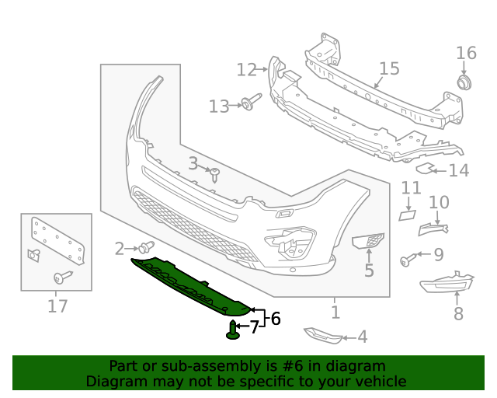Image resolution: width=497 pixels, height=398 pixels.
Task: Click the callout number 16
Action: tap(466, 53)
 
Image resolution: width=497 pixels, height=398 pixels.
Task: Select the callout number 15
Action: tap(389, 68)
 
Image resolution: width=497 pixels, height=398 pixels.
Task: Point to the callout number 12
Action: tap(246, 70)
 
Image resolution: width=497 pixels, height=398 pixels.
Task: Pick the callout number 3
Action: tap(193, 163)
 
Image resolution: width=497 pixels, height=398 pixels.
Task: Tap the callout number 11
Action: tap(411, 188)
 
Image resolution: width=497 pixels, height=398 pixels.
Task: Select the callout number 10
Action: tap(439, 203)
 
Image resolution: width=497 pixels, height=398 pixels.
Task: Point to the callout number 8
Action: tap(458, 313)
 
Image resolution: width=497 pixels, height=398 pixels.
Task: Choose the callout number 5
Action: tap(369, 271)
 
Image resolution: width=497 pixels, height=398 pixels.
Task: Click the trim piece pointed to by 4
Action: tap(321, 335)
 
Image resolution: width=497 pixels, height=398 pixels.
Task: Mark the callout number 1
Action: tap(335, 312)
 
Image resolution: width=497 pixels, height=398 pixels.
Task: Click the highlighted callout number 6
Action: tap(274, 318)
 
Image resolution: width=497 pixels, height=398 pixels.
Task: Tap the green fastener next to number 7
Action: tap(233, 330)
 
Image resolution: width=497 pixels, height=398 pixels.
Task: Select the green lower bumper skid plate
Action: tap(194, 285)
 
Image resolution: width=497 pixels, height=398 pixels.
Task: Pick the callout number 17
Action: tap(57, 305)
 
